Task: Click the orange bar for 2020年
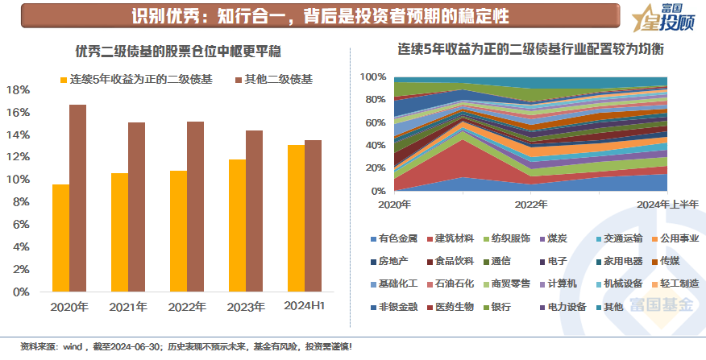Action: tap(61, 239)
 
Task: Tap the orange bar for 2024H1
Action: tap(297, 219)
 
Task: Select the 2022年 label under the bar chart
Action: tap(187, 307)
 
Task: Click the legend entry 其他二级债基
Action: tap(279, 80)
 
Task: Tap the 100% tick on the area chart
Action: tap(372, 77)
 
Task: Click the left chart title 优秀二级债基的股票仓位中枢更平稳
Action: tap(177, 52)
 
